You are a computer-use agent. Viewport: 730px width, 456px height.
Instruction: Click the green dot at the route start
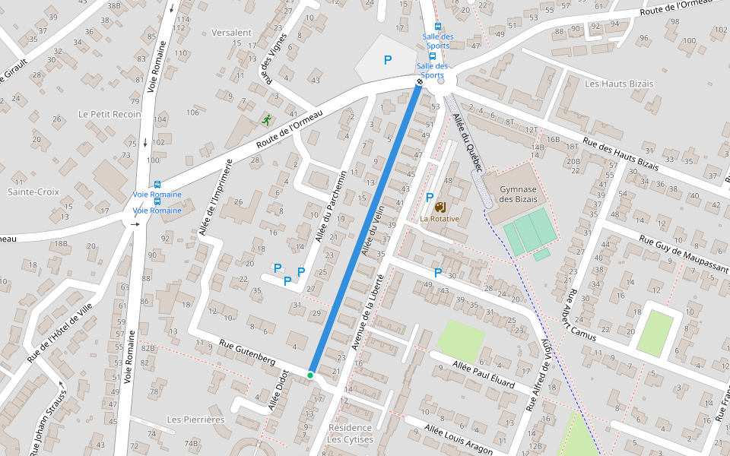click(x=310, y=375)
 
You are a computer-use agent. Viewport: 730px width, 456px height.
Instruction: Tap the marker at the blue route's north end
click(x=419, y=81)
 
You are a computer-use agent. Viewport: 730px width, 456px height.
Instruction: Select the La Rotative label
click(x=440, y=219)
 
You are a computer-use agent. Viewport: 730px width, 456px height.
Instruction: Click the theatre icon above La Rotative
click(x=440, y=206)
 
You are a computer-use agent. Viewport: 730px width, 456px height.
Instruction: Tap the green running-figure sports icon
click(x=266, y=120)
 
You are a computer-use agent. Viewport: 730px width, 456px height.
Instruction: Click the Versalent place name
click(x=231, y=33)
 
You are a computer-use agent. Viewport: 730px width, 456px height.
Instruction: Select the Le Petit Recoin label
click(x=109, y=114)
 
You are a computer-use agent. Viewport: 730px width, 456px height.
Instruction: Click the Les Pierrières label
click(x=195, y=420)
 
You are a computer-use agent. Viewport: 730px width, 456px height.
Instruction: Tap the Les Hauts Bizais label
click(x=614, y=83)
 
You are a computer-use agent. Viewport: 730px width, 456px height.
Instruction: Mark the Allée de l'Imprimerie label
click(x=214, y=198)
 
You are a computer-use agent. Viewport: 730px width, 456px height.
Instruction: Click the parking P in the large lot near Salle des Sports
click(x=388, y=59)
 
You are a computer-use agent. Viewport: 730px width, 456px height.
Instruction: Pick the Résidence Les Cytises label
click(x=350, y=433)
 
